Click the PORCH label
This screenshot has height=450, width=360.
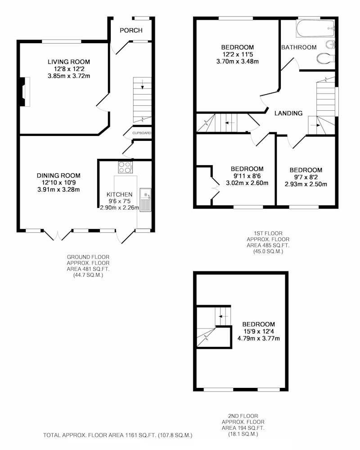click(x=131, y=30)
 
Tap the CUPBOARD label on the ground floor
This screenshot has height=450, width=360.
click(x=142, y=133)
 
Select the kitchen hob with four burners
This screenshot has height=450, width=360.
click(x=125, y=167)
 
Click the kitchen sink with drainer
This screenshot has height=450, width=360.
click(x=145, y=200)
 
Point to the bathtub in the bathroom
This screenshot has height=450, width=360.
click(x=315, y=28)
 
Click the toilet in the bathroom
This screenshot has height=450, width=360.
click(x=326, y=58)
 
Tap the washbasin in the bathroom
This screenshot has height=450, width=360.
click(x=330, y=45)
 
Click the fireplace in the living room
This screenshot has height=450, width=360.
click(x=25, y=92)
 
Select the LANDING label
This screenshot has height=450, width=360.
click(x=288, y=113)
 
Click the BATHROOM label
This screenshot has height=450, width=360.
click(x=299, y=47)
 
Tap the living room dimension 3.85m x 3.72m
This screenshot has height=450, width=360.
click(x=69, y=76)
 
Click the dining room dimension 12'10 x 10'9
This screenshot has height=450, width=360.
click(x=58, y=183)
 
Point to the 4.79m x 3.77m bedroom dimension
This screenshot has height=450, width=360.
click(x=259, y=338)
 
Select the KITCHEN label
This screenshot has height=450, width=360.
click(x=119, y=194)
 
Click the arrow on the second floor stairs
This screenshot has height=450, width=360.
click(x=223, y=316)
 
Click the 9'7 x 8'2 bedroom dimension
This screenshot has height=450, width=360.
click(x=306, y=177)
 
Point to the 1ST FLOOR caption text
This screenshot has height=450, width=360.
click(x=268, y=233)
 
